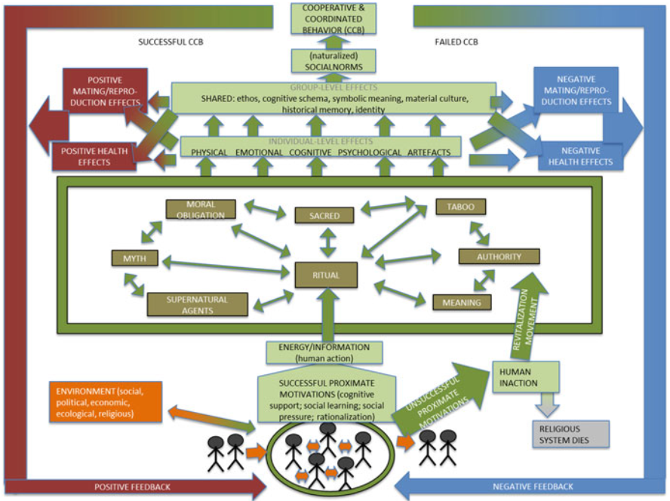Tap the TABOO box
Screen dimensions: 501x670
pyautogui.click(x=459, y=206)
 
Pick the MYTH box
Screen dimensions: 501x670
pyautogui.click(x=134, y=260)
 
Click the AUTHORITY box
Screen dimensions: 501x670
pyautogui.click(x=499, y=257)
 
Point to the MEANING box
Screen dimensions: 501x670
pyautogui.click(x=462, y=302)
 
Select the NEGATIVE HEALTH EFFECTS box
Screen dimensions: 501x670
pyautogui.click(x=577, y=155)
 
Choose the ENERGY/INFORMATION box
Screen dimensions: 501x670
pyautogui.click(x=324, y=352)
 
